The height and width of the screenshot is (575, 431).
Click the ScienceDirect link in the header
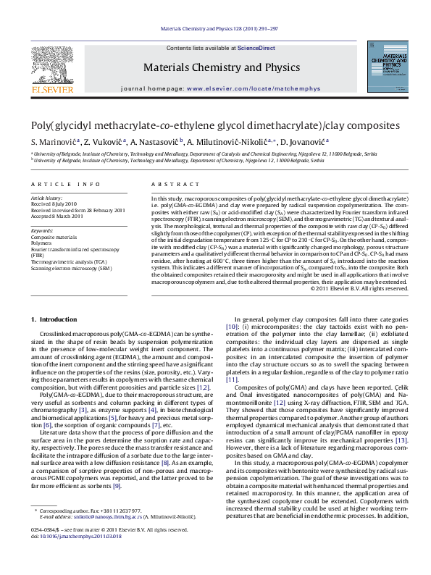click(256, 48)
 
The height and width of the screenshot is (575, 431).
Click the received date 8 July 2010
click(57, 205)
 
